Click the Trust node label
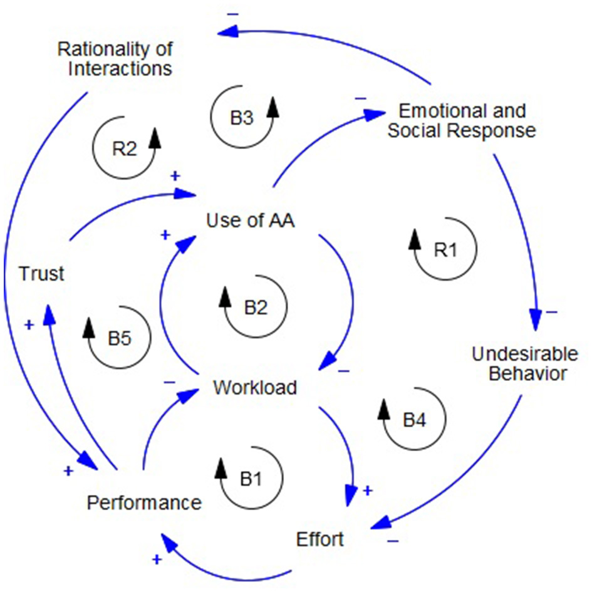[41, 274]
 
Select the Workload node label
[254, 388]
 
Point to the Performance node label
[144, 502]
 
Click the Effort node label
[320, 539]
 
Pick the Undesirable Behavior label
[525, 364]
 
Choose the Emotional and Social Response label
[462, 121]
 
